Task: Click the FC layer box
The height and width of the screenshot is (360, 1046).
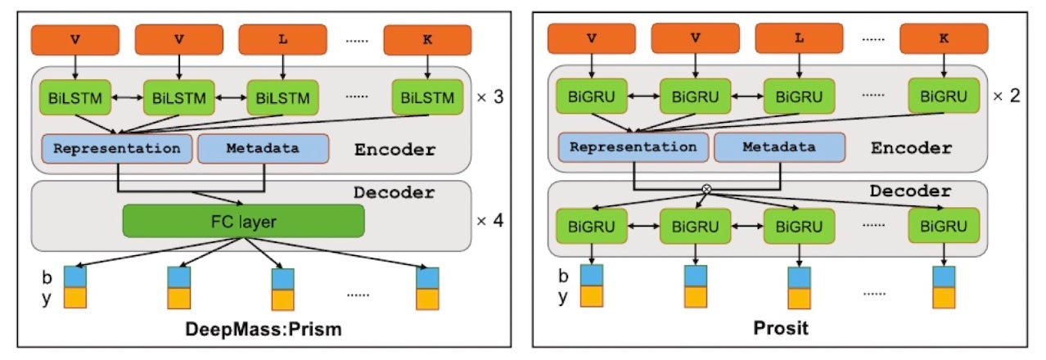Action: pyautogui.click(x=243, y=221)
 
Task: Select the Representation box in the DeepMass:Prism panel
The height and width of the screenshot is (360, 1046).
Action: pyautogui.click(x=116, y=150)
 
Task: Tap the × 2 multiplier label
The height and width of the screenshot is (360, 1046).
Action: pyautogui.click(x=1006, y=96)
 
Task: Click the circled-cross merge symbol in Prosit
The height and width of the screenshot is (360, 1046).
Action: pyautogui.click(x=707, y=188)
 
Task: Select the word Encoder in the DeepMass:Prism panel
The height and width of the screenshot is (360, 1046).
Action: pyautogui.click(x=395, y=151)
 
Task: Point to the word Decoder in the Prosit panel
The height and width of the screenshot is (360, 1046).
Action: pyautogui.click(x=910, y=192)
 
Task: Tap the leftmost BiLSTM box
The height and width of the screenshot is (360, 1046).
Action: pyautogui.click(x=74, y=99)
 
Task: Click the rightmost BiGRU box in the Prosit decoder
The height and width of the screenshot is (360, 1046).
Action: pyautogui.click(x=944, y=224)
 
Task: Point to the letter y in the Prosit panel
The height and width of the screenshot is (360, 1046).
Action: pyautogui.click(x=563, y=297)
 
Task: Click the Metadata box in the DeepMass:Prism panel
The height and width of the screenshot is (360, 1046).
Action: pyautogui.click(x=263, y=150)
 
